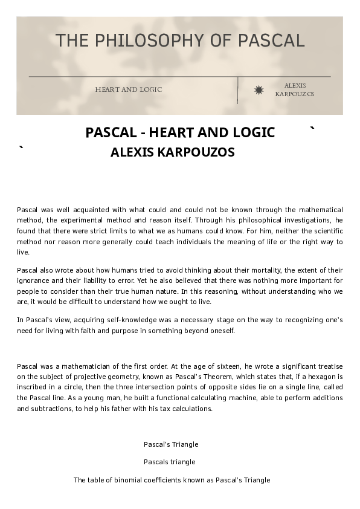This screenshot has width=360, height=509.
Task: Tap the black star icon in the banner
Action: [x=259, y=90]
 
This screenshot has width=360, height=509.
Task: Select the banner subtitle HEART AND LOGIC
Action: [x=129, y=89]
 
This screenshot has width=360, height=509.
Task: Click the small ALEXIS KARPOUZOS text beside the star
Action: [x=295, y=90]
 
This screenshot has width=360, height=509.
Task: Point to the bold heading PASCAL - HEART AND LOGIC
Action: [x=180, y=132]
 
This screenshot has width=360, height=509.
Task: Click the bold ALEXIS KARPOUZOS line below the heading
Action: [x=172, y=152]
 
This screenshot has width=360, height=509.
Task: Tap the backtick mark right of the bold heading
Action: [x=312, y=129]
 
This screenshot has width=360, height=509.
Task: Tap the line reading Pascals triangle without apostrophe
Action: [x=170, y=462]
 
